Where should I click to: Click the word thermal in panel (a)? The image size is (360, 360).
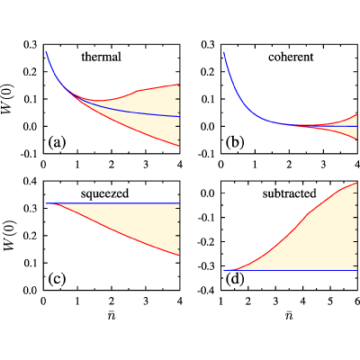coord(102,57)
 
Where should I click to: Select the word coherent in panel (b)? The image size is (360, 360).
coord(291,57)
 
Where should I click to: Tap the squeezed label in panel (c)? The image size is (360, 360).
coord(104,193)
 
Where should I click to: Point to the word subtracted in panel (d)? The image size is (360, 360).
coord(290,193)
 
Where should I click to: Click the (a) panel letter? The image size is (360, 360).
coord(57,142)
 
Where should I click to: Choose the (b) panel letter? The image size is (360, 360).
coord(235,142)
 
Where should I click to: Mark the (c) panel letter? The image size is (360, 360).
coord(57,279)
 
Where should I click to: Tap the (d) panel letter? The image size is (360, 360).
coord(235,279)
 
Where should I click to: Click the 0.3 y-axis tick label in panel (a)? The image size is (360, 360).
coord(31,45)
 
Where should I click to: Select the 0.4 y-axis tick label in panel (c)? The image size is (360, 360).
coord(31,181)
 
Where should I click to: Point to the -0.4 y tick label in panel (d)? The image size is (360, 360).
coord(206,291)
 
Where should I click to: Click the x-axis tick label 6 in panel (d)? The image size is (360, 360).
coord(357,301)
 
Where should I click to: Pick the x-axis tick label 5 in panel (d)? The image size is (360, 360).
coord(330,301)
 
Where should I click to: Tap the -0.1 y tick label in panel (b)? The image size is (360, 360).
coord(206,154)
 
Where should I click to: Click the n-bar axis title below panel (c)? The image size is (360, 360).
coord(112,315)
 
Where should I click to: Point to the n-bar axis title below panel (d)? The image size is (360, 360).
coord(289,315)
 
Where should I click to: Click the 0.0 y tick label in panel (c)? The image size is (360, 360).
coord(31,291)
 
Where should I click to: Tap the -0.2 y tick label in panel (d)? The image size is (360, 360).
coord(206,241)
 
